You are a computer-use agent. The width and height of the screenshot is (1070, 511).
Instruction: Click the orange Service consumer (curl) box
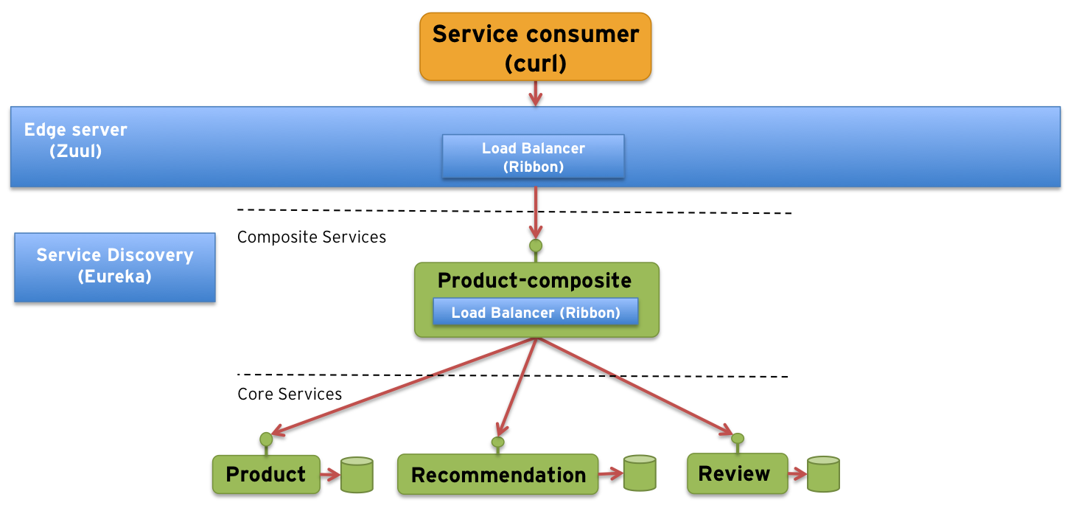(x=536, y=47)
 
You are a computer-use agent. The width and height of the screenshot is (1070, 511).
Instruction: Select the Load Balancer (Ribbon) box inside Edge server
(x=533, y=157)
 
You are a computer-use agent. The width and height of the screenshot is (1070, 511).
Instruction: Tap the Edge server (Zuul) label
(x=75, y=140)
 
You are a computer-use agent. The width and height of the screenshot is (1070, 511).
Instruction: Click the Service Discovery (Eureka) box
(x=115, y=267)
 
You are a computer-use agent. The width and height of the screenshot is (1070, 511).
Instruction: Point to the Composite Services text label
(x=311, y=237)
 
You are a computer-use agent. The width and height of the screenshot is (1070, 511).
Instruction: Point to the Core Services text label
(x=290, y=394)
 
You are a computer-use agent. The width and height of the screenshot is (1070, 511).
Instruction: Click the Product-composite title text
(x=534, y=281)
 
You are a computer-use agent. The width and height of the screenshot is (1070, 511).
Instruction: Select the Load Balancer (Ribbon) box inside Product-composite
(x=535, y=313)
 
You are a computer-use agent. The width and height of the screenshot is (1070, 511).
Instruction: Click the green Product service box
(x=265, y=474)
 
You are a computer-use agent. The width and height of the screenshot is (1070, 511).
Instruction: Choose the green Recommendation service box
(x=497, y=475)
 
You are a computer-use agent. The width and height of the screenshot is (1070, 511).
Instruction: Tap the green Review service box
(x=734, y=473)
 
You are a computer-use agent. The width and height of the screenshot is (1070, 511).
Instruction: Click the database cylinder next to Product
(x=357, y=475)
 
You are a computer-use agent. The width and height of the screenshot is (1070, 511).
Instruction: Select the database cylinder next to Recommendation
(x=639, y=473)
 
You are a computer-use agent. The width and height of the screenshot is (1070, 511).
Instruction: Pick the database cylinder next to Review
(x=823, y=474)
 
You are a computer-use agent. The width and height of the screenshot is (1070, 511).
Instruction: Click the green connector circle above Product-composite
(x=536, y=246)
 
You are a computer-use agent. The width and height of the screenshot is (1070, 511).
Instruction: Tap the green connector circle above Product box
(x=266, y=439)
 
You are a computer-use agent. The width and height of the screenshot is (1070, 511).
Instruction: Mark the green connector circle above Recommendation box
(x=497, y=442)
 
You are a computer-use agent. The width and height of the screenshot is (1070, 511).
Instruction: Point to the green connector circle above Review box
(x=737, y=439)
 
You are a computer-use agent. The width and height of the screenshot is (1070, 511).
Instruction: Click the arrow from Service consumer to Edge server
(x=536, y=93)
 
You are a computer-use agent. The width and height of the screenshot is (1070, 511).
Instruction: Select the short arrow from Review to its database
(x=795, y=474)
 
